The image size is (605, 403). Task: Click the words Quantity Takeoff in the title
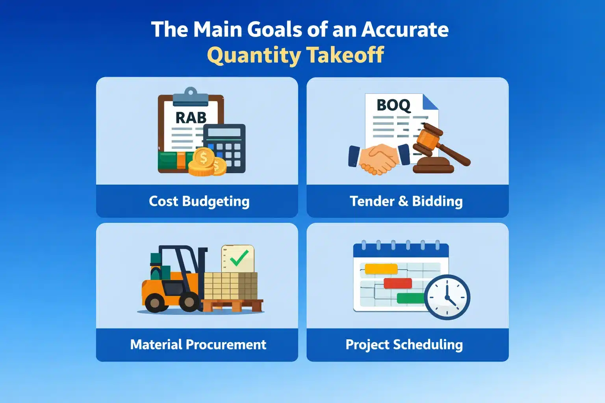click(295, 55)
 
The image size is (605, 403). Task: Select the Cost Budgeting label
click(199, 201)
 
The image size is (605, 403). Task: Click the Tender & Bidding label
click(406, 201)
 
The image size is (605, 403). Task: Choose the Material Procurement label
click(198, 345)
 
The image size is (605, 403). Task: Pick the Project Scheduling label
click(404, 345)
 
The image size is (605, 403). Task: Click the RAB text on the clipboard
click(191, 117)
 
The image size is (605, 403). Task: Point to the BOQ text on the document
click(393, 105)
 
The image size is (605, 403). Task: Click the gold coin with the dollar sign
click(203, 158)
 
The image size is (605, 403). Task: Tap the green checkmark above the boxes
click(239, 258)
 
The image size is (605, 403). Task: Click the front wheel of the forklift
click(189, 303)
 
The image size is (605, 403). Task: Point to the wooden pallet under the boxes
click(232, 305)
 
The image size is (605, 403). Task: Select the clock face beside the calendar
click(447, 297)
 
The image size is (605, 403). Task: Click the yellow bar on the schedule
click(381, 269)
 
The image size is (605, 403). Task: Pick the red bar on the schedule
click(397, 283)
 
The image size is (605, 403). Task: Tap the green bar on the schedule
click(410, 298)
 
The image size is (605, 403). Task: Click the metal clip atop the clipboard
click(191, 96)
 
